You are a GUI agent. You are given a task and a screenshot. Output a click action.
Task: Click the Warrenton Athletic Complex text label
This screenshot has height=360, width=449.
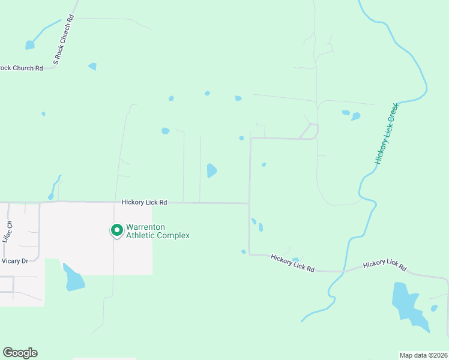click(157, 231)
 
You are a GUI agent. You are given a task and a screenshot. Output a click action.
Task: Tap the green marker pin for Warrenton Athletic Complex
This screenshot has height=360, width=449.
click(116, 230)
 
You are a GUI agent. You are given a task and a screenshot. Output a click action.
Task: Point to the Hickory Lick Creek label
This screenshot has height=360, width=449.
click(387, 133)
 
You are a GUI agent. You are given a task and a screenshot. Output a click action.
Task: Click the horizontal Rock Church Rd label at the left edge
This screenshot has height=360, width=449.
click(22, 68)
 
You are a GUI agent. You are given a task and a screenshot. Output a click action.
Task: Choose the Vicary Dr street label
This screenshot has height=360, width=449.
click(15, 261)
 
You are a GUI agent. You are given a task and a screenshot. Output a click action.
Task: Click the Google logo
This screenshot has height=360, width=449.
click(20, 353)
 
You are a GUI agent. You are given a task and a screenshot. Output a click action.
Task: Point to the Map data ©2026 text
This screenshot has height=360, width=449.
click(423, 355)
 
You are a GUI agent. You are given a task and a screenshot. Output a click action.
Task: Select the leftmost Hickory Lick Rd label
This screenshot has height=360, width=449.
click(143, 203)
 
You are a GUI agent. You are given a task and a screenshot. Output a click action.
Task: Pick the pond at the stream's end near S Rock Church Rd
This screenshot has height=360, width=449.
click(30, 45)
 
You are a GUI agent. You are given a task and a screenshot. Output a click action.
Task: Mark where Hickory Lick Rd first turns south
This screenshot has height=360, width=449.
click(249, 203)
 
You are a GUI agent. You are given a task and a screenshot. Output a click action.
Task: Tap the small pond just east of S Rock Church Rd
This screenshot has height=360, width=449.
click(92, 66)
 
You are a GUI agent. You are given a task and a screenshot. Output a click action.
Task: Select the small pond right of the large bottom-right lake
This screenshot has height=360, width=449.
click(434, 308)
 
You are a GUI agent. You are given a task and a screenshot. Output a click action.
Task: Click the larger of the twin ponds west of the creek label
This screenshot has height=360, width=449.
click(356, 116)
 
